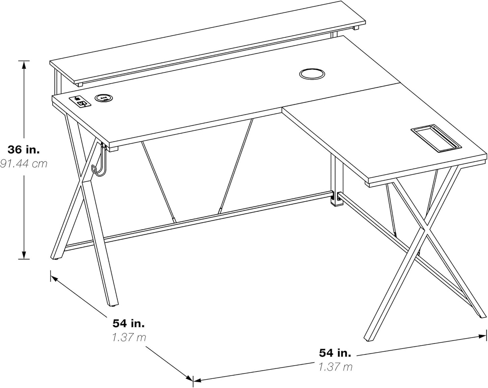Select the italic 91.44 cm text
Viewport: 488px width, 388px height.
(x=23, y=164)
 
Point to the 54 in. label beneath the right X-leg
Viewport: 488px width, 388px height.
(x=335, y=353)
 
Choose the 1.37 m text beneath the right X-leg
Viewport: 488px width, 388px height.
(x=335, y=367)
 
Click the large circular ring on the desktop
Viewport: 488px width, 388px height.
(x=312, y=74)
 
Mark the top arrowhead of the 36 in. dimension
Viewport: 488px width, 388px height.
(x=24, y=64)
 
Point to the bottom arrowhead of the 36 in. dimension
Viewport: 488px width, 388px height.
(x=24, y=255)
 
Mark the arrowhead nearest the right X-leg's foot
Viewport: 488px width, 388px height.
(x=482, y=336)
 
